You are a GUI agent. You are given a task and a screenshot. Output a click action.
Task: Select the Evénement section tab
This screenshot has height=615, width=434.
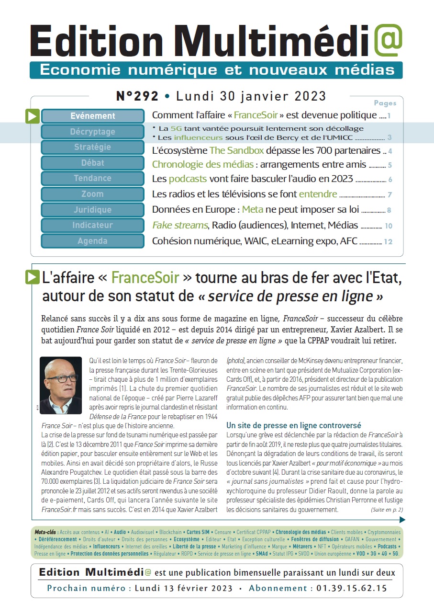[93, 116]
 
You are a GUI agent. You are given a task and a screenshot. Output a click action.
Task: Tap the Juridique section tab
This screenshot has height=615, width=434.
[93, 210]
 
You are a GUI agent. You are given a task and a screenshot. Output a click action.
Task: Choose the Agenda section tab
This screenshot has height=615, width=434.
[93, 241]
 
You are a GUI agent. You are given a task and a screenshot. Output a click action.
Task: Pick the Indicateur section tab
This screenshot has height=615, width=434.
[93, 225]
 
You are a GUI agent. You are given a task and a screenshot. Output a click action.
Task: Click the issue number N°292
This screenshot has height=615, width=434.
[137, 96]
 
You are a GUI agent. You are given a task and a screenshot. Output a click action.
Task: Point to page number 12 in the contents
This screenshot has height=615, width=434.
[388, 241]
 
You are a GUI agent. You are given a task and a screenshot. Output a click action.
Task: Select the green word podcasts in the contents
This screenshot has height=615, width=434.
[188, 179]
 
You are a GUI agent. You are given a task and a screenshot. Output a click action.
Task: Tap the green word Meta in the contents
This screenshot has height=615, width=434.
[253, 210]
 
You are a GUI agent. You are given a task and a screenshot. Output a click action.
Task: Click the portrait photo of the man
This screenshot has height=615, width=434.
[61, 386]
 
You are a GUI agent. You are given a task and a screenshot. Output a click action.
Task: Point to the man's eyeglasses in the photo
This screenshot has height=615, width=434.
[61, 378]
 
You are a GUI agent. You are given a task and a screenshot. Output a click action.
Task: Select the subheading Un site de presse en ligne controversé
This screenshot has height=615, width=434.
[293, 425]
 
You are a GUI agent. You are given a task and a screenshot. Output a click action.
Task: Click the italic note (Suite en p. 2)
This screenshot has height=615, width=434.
[387, 510]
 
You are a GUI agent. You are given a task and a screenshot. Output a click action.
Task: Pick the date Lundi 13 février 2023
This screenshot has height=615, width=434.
[184, 588]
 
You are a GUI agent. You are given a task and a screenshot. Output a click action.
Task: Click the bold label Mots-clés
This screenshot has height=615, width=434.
[45, 532]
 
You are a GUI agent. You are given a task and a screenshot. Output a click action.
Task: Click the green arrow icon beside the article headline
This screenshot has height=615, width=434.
[32, 277]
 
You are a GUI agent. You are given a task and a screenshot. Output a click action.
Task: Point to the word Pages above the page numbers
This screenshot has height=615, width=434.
[385, 103]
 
